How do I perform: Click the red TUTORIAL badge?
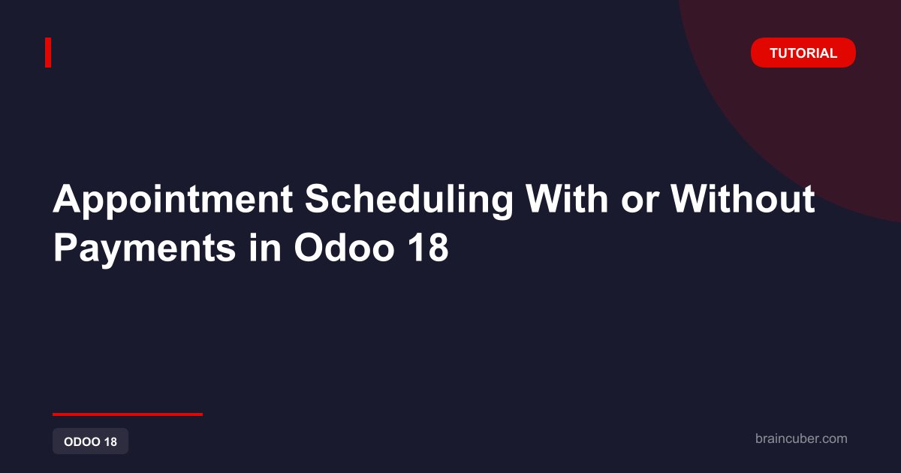[x=803, y=53]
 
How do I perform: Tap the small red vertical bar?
[x=48, y=53]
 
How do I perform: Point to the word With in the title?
[x=567, y=199]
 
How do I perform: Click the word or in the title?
[x=639, y=203]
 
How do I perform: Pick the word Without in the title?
[x=742, y=199]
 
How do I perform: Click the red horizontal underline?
[x=128, y=414]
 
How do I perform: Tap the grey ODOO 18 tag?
[x=91, y=441]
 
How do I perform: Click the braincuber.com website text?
[x=801, y=438]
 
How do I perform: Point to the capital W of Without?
[x=689, y=199]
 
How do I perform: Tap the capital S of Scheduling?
[x=318, y=199]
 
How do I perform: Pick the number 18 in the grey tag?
[x=110, y=441]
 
